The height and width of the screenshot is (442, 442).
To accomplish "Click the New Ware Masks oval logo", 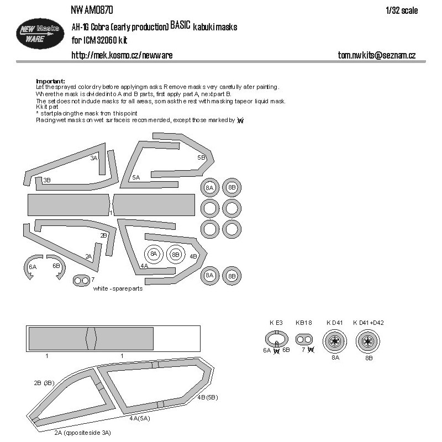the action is pyautogui.click(x=40, y=34).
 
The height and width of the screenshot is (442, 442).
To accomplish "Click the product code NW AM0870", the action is pyautogui.click(x=92, y=10).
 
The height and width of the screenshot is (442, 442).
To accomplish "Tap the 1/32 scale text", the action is pyautogui.click(x=402, y=10).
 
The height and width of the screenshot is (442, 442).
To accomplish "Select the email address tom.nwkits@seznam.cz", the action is pyautogui.click(x=377, y=55).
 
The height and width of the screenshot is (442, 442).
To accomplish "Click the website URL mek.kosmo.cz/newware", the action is pyautogui.click(x=122, y=55).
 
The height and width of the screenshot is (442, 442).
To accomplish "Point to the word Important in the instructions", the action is pyautogui.click(x=50, y=81).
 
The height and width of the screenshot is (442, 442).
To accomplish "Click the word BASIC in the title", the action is pyautogui.click(x=181, y=25).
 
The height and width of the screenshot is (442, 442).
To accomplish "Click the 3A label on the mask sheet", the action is pyautogui.click(x=94, y=158).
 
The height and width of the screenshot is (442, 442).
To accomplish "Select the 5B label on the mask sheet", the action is pyautogui.click(x=201, y=157).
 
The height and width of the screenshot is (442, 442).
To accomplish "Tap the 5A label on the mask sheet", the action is pyautogui.click(x=136, y=177).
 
